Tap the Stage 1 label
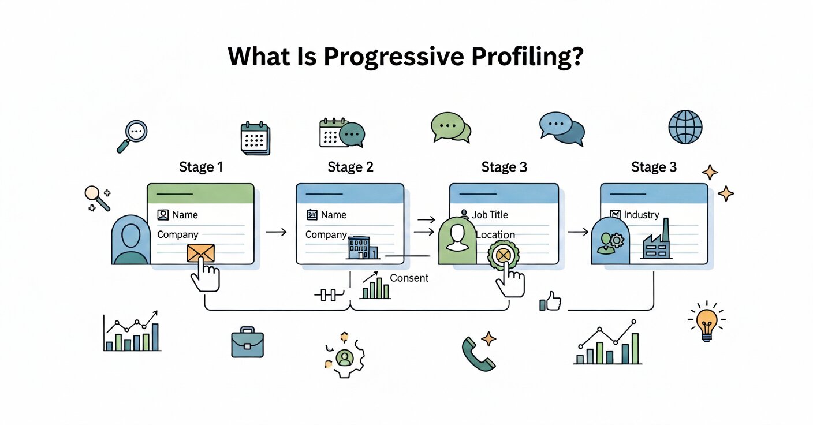coord(200,167)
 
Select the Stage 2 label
coord(350,167)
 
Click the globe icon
coord(685,127)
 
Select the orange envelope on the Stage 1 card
coord(200,253)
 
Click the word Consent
coord(409,278)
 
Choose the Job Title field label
coord(490,215)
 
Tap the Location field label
coord(495,235)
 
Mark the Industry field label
coord(641,215)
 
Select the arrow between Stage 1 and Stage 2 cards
coord(276,232)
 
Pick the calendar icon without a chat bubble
coord(255,138)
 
